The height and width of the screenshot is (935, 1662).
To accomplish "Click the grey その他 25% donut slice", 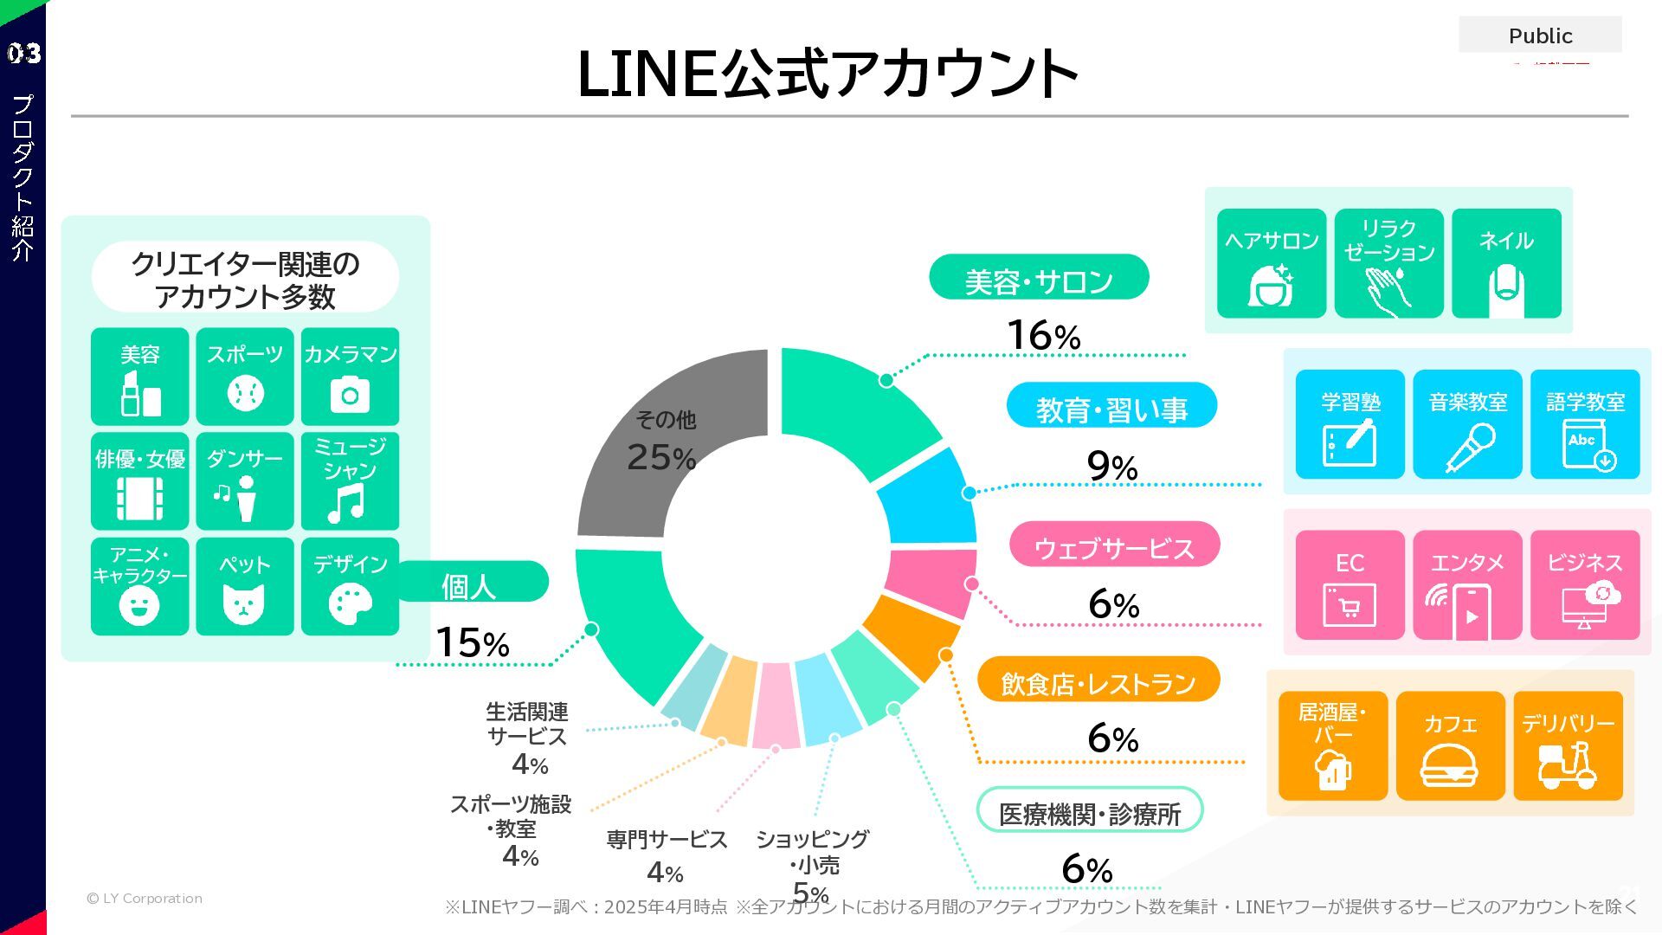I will point(658,442).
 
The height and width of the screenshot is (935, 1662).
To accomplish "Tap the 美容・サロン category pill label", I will point(1039,278).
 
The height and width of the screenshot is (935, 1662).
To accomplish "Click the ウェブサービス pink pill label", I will point(1114,545).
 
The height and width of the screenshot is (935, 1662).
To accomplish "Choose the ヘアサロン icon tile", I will point(1271,263).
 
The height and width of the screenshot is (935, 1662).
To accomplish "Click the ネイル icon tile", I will point(1506,263).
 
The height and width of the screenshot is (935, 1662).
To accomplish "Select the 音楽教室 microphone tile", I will point(1467,424).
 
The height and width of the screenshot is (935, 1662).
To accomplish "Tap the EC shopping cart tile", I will point(1350,585).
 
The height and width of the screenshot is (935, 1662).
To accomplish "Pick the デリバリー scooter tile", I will point(1568,745).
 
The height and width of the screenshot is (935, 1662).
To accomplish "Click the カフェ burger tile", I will point(1450,745).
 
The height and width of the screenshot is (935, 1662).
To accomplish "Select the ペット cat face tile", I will point(244,586).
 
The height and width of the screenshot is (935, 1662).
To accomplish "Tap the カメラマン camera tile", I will point(350,376).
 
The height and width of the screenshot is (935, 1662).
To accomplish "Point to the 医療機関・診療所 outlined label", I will point(1090,811).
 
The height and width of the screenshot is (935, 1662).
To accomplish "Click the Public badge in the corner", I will point(1540,35).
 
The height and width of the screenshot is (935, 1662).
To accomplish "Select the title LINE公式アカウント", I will point(827,74).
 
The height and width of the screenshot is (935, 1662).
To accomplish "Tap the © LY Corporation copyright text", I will point(145,899).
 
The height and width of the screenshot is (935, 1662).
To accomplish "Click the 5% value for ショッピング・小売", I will point(811,892).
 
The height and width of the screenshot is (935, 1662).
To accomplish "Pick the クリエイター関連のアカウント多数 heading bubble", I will point(245,278).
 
